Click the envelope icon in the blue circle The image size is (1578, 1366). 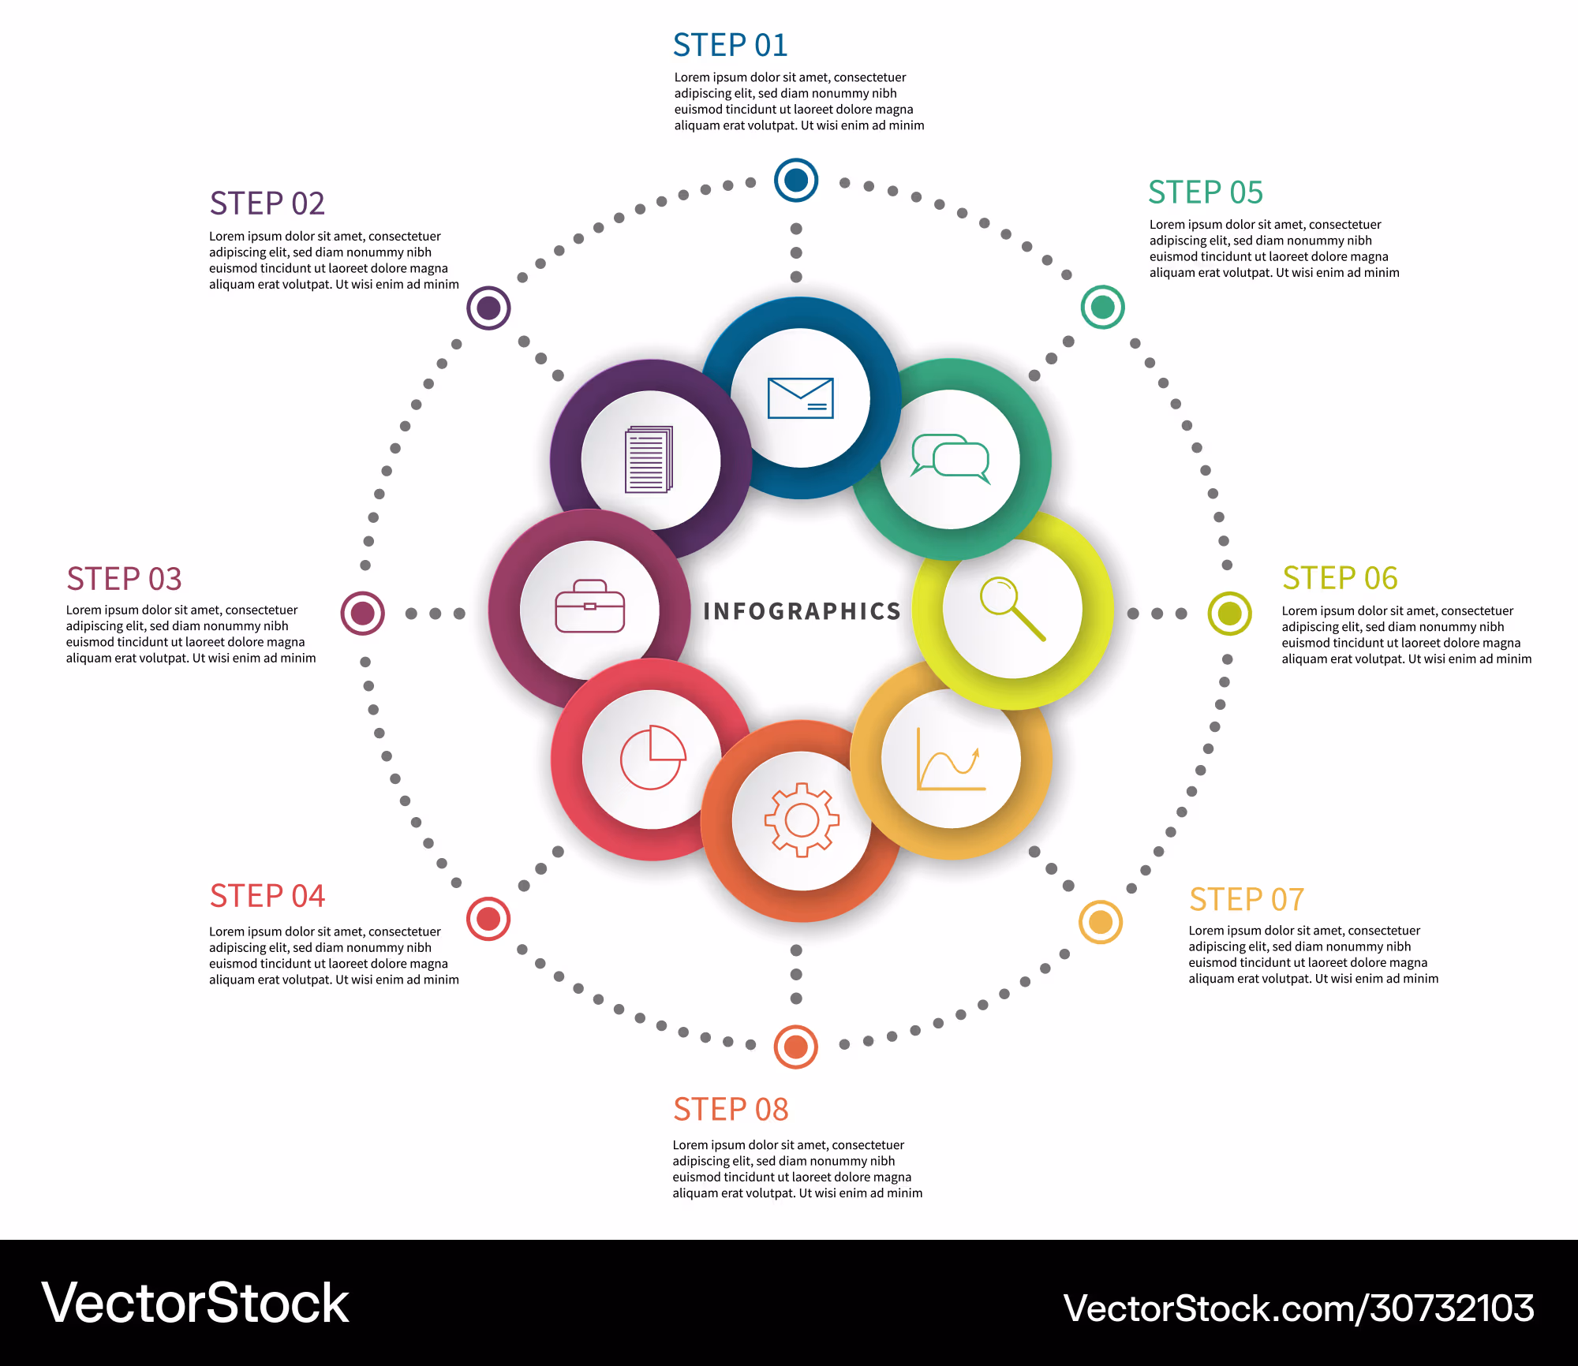tap(800, 397)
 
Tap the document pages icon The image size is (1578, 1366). tap(649, 459)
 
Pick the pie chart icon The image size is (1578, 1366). tap(653, 757)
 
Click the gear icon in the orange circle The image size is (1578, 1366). tap(802, 820)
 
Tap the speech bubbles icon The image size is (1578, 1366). tap(950, 458)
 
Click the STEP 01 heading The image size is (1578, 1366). tap(731, 45)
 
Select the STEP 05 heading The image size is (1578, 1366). tap(1206, 192)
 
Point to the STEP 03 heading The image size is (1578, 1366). tap(124, 579)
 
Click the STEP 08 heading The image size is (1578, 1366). tap(731, 1109)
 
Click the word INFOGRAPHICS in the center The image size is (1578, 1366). tap(802, 611)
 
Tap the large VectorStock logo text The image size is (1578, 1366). tap(195, 1303)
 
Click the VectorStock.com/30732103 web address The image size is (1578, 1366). tap(1299, 1308)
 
